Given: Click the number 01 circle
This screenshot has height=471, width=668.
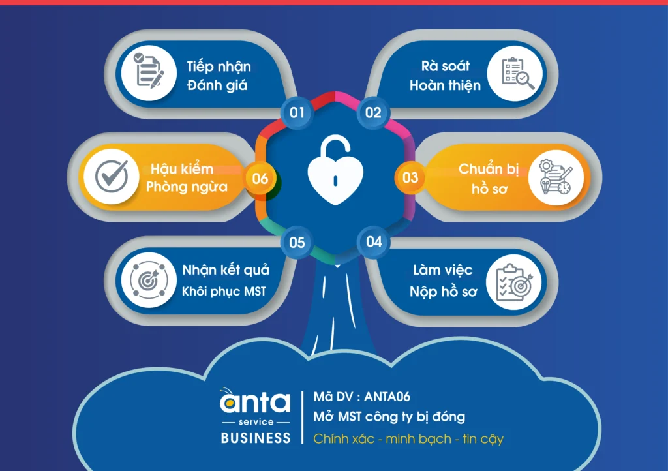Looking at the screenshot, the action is pyautogui.click(x=297, y=112).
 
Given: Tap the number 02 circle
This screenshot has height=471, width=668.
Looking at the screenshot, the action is pyautogui.click(x=373, y=112).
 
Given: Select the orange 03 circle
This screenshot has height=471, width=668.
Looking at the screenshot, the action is pyautogui.click(x=410, y=177).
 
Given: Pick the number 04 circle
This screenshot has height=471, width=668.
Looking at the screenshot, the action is pyautogui.click(x=374, y=242).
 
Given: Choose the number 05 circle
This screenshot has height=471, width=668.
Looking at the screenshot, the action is pyautogui.click(x=297, y=242).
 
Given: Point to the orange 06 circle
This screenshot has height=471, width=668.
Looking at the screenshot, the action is pyautogui.click(x=260, y=179).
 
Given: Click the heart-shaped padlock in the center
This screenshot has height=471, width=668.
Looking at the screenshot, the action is pyautogui.click(x=335, y=170).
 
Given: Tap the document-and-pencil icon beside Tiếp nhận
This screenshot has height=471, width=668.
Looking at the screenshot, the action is pyautogui.click(x=149, y=72).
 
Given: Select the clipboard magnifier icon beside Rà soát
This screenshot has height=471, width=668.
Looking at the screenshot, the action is pyautogui.click(x=517, y=73).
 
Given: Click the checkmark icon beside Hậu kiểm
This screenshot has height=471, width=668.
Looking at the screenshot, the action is pyautogui.click(x=112, y=176).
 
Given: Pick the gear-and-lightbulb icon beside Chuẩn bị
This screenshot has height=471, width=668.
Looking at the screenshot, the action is pyautogui.click(x=555, y=177).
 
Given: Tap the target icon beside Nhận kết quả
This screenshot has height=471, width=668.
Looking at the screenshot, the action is pyautogui.click(x=148, y=280).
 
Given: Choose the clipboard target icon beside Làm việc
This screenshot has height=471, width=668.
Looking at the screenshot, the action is pyautogui.click(x=515, y=282).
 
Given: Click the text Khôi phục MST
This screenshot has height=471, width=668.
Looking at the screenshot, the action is pyautogui.click(x=224, y=292).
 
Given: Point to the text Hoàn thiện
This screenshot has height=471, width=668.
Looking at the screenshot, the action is pyautogui.click(x=445, y=85).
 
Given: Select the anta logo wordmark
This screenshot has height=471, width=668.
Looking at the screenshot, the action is pyautogui.click(x=255, y=401).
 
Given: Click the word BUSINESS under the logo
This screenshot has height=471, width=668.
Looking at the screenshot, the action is pyautogui.click(x=256, y=438).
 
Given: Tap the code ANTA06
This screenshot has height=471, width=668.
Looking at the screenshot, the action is pyautogui.click(x=387, y=397).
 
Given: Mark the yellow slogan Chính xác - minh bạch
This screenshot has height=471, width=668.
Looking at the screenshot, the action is pyautogui.click(x=382, y=438).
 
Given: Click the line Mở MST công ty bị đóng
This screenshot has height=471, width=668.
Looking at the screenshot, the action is pyautogui.click(x=389, y=417).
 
